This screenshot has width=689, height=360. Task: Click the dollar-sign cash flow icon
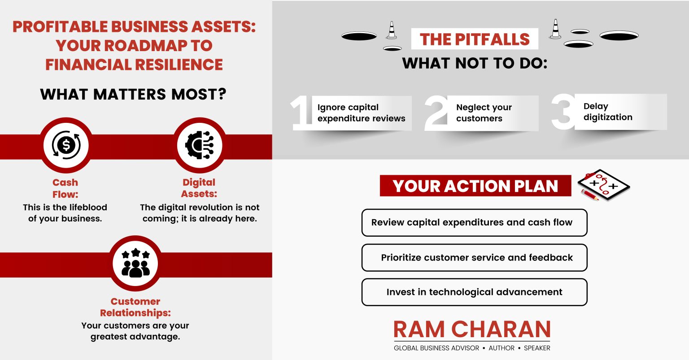click(x=66, y=145)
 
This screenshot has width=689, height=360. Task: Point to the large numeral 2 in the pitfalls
click(x=436, y=113)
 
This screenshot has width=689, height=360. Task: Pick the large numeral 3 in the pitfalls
click(x=563, y=112)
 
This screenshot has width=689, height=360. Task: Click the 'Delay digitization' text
click(x=608, y=112)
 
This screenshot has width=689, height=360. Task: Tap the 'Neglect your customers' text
click(x=484, y=113)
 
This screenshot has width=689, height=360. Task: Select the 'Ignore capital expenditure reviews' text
click(x=361, y=113)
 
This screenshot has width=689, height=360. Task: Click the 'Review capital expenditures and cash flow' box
click(x=474, y=222)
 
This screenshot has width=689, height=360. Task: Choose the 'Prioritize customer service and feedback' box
click(x=474, y=258)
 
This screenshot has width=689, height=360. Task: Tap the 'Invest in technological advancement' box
click(x=474, y=292)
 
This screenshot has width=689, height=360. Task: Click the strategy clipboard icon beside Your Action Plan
click(x=603, y=185)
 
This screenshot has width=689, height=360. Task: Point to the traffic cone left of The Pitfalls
click(x=392, y=30)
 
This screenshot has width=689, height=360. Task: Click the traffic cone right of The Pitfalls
click(x=555, y=29)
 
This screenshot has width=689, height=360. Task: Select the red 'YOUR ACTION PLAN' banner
click(x=475, y=186)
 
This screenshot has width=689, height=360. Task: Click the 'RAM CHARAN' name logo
click(x=472, y=330)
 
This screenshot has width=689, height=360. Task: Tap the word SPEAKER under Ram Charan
click(x=537, y=348)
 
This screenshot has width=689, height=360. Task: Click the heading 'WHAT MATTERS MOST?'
click(x=133, y=95)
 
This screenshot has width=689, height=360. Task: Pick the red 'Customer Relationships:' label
click(x=135, y=307)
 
